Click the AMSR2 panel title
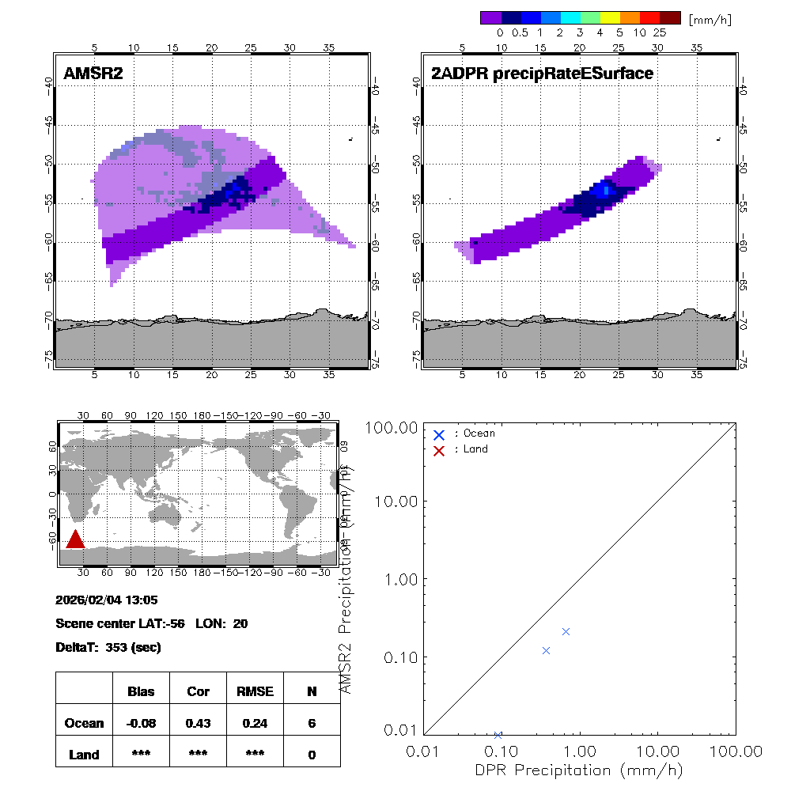coord(93,74)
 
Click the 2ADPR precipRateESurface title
coord(542,74)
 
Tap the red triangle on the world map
coord(75,539)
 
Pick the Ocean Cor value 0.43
coord(198,723)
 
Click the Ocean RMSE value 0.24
coord(255,723)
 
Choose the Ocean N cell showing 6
coord(312,723)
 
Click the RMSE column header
coord(255,691)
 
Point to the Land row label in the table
coord(84,755)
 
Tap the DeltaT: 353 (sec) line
coord(108,648)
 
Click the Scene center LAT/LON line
coord(152,624)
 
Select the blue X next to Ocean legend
coord(439,434)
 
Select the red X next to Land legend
coord(439,450)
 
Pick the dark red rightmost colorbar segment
coord(669,17)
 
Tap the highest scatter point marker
coord(566,631)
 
